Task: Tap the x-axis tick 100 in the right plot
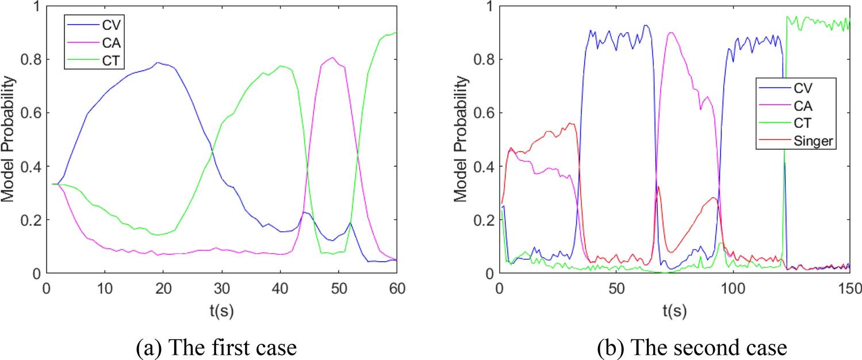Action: [733, 286]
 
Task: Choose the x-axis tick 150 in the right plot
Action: [849, 286]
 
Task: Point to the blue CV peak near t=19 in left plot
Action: [158, 63]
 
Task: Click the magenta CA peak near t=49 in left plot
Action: [333, 58]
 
